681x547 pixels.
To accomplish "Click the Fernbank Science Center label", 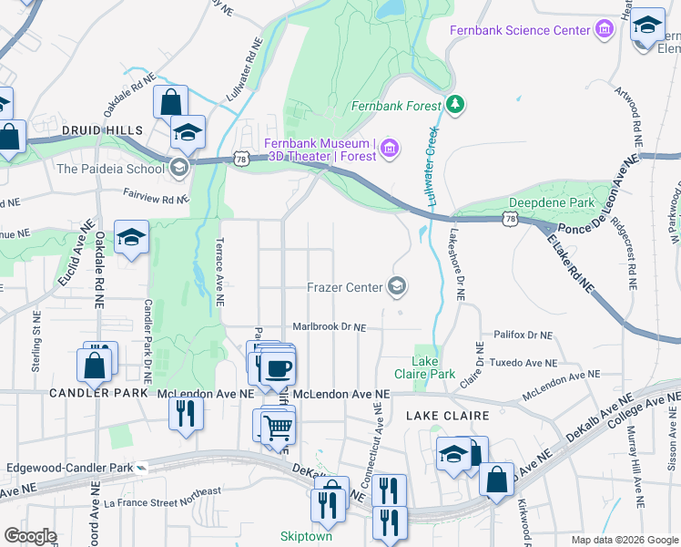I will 521,30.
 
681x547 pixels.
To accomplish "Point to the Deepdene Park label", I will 551,201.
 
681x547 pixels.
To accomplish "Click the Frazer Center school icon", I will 396,287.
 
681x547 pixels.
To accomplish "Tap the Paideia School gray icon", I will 178,168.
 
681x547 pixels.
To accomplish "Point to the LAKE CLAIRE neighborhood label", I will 447,416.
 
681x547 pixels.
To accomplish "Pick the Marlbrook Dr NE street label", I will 329,326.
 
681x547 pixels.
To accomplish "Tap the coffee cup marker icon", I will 278,368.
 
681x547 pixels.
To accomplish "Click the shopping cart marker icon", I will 278,426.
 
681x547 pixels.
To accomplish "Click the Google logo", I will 30,536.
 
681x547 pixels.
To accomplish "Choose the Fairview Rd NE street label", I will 156,193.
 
